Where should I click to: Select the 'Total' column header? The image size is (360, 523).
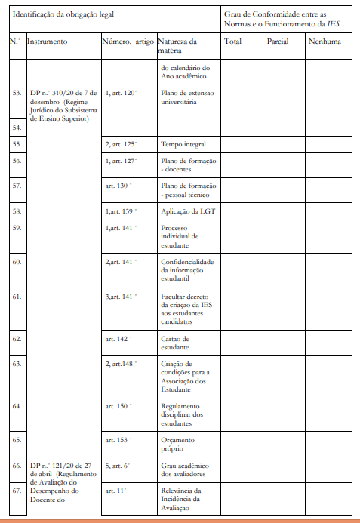coord(232,41)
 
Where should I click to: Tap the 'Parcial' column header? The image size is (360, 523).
coord(278,41)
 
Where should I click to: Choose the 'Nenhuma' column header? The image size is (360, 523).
coord(325,41)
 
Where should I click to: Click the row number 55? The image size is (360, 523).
coord(17,143)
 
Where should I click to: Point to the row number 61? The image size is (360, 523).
coord(17,297)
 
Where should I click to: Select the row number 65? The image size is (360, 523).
coord(17,439)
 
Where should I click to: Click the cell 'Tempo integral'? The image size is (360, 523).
coord(183,144)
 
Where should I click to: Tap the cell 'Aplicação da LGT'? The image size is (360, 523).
coord(188,211)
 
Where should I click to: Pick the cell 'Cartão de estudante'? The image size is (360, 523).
coord(176,343)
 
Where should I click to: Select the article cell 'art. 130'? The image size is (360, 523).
coord(118,185)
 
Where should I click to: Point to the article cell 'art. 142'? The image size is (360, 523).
coord(118,339)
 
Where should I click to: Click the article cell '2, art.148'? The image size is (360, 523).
coord(120,364)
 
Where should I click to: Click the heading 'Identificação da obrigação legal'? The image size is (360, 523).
coord(63,15)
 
